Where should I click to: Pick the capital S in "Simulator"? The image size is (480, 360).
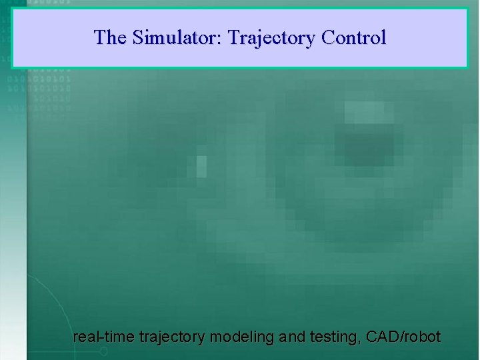(x=138, y=37)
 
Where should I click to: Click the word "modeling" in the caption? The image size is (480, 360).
(x=241, y=337)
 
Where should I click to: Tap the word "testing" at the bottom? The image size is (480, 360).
(x=336, y=337)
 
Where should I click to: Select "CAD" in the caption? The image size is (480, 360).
(x=382, y=337)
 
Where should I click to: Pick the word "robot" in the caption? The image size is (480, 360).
(x=421, y=337)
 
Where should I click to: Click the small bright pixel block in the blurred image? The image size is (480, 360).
(x=201, y=166)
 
